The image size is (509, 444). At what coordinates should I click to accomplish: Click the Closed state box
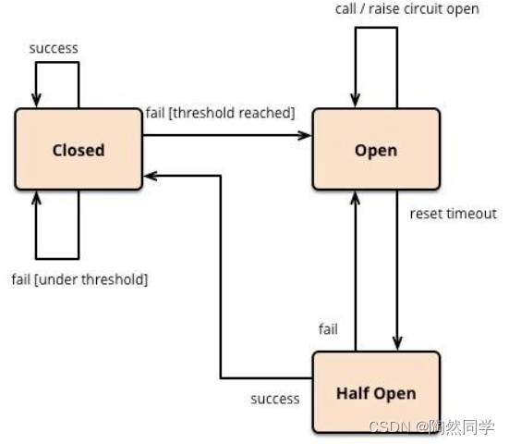(79, 149)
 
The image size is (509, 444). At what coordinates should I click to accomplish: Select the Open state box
(376, 149)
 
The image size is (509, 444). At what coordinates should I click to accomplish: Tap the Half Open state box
(376, 392)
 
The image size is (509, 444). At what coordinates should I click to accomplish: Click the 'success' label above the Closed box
(54, 48)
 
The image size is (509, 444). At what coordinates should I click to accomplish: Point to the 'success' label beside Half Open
(275, 399)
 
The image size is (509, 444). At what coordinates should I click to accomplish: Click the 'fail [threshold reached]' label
(221, 113)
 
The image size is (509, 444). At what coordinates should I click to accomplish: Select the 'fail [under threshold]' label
(79, 279)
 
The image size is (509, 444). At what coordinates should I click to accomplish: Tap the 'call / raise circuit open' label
(407, 9)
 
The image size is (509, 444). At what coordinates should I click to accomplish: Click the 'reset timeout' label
(454, 214)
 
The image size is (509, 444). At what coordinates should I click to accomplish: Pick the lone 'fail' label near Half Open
(328, 329)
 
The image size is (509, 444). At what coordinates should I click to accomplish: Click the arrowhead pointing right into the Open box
(305, 135)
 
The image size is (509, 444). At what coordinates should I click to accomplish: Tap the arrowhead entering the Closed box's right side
(151, 176)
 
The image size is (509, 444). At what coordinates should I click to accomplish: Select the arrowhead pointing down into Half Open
(397, 344)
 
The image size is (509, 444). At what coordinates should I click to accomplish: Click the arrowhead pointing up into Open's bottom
(356, 197)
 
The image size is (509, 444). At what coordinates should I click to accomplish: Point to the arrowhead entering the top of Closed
(36, 101)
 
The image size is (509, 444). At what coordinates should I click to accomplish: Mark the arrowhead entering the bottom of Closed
(36, 197)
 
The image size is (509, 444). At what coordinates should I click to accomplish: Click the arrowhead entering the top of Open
(356, 101)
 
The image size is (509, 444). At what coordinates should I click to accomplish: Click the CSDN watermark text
(432, 426)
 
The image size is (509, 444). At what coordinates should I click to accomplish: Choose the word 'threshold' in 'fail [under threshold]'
(113, 279)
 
